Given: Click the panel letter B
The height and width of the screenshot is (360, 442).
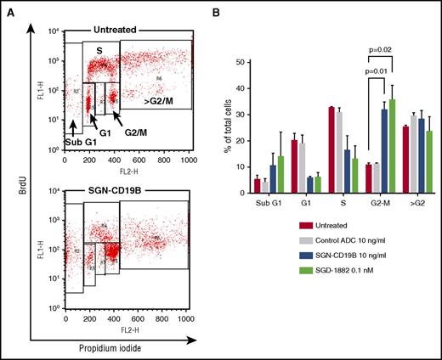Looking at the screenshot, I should (226, 9).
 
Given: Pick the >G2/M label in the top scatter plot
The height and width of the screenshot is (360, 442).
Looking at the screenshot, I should (150, 137).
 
